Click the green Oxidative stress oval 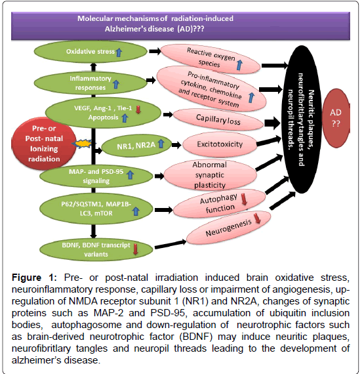tap(90, 52)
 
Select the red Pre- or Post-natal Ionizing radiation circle tap(44, 144)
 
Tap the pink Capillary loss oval tap(218, 119)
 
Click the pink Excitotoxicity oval tap(220, 144)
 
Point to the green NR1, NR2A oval tap(136, 145)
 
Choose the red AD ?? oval tap(336, 118)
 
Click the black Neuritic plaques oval tap(302, 119)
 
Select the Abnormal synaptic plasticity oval tap(210, 175)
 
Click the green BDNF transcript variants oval tap(96, 250)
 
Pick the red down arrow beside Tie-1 tap(138, 110)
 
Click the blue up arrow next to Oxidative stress tap(119, 52)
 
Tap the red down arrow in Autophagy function tap(244, 199)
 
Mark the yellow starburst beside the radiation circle tap(82, 144)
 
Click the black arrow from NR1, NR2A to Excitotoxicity tap(176, 145)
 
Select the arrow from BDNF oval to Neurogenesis tap(171, 244)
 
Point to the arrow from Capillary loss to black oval tap(272, 123)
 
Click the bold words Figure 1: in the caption tap(34, 278)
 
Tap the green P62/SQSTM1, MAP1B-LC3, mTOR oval tap(96, 209)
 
